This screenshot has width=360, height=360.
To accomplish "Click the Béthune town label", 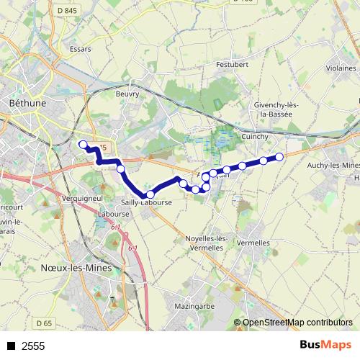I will point(27,104).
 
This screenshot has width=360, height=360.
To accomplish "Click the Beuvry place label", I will point(127,93).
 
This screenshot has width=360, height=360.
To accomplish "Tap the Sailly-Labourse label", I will point(146,203).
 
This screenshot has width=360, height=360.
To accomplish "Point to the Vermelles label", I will point(253,243).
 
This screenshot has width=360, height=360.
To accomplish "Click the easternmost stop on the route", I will point(279,156).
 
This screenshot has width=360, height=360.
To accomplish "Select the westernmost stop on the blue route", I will point(82,144).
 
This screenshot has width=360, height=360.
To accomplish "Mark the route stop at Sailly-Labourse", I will point(150,194).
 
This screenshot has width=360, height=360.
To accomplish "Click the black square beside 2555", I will point(11,346).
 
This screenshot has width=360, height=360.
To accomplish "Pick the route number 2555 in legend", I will point(33,346).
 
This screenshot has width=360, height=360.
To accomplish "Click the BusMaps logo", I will point(325,346).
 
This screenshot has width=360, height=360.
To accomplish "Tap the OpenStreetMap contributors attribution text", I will point(297,323).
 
